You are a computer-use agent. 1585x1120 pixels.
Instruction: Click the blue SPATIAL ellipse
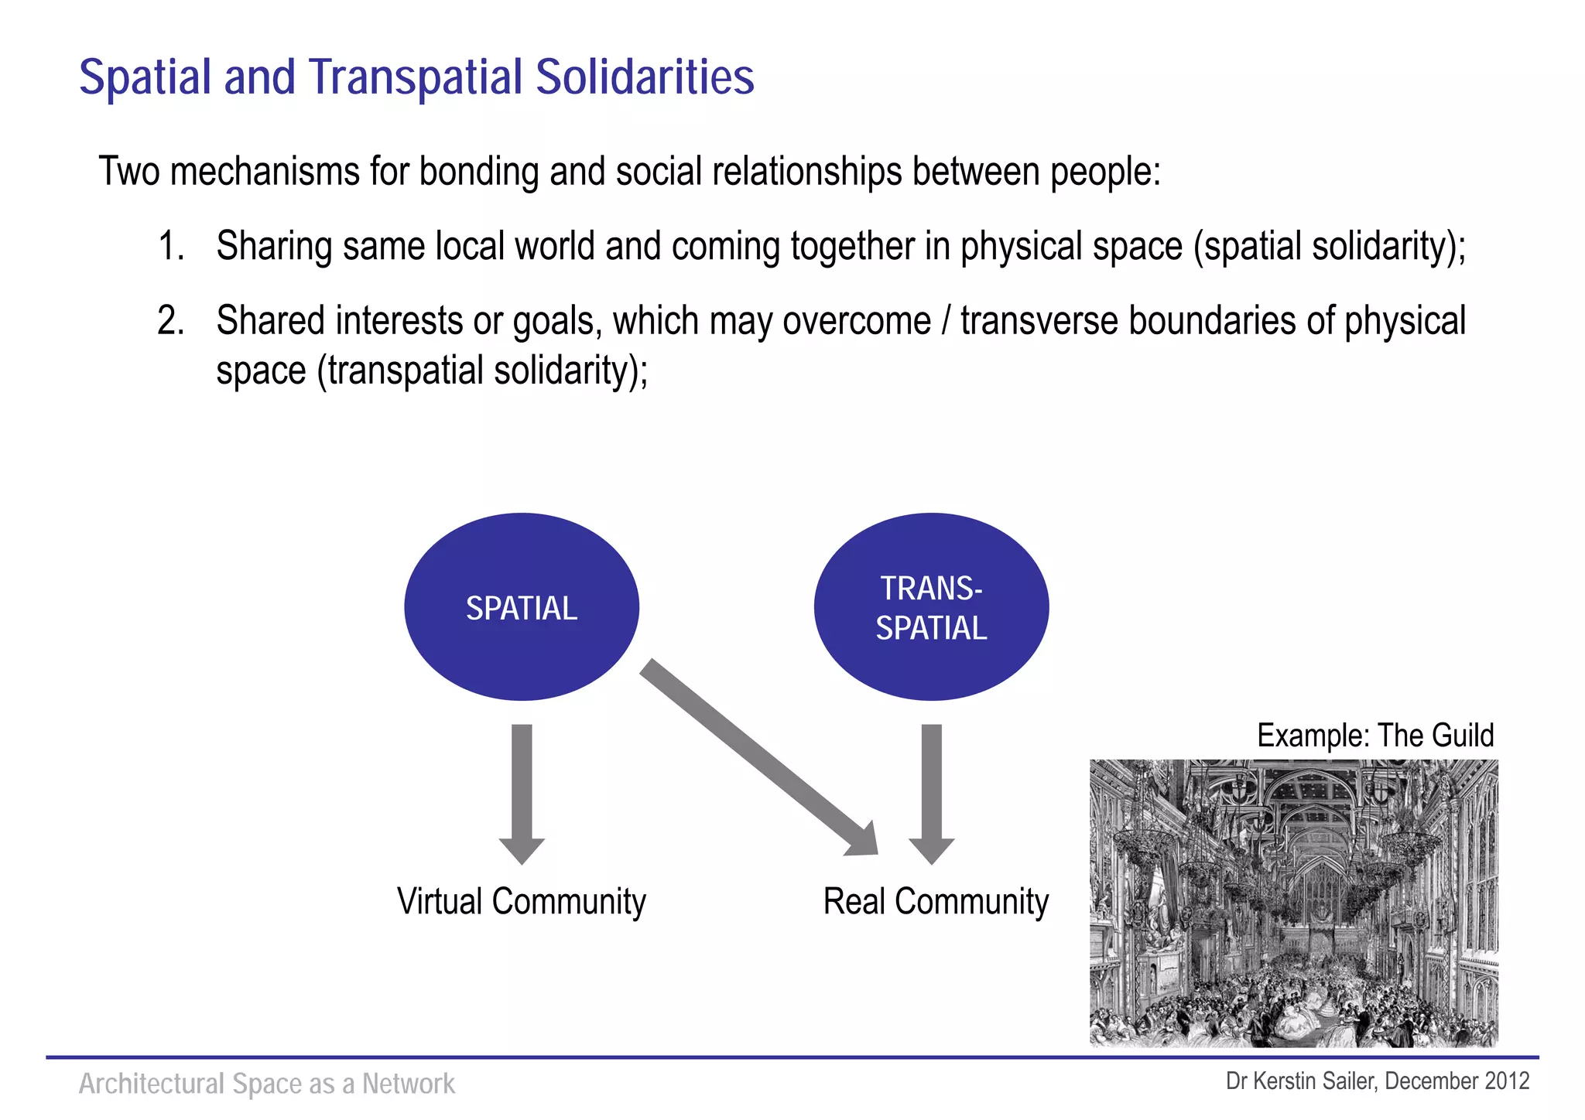point(522,607)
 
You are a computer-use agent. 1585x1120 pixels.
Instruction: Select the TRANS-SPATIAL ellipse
point(931,607)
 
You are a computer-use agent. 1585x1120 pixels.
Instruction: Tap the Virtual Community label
point(521,902)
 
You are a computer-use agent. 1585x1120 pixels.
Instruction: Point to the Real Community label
point(936,902)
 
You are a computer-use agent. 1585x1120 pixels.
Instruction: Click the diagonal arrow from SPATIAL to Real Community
point(758,758)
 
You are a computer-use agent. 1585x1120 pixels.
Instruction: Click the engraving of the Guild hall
point(1293,903)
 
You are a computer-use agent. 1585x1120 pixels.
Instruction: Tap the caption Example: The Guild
point(1375,736)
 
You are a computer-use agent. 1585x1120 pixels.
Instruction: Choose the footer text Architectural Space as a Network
point(267,1084)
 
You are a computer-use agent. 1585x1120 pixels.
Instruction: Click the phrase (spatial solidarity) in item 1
point(1327,247)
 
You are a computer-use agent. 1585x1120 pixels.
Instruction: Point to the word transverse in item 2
point(1039,321)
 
